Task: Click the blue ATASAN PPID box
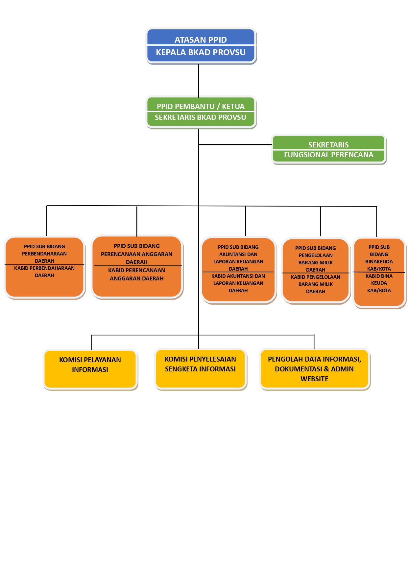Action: [x=201, y=46]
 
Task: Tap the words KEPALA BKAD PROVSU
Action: [x=201, y=52]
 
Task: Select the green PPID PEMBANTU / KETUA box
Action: [x=201, y=112]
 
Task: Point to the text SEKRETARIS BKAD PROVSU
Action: [x=201, y=117]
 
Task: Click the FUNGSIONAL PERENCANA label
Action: [x=329, y=155]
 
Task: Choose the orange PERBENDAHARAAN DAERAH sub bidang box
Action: [x=45, y=267]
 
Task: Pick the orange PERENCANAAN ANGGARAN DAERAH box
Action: [x=137, y=267]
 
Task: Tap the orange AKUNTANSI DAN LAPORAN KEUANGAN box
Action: [x=238, y=270]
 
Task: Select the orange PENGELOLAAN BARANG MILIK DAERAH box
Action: [x=316, y=271]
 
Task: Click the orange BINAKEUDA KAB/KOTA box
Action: [x=379, y=273]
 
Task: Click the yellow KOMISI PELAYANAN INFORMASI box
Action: [x=90, y=369]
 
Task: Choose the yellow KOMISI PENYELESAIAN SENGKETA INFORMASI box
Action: [x=200, y=369]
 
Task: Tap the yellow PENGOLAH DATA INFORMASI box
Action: [x=315, y=369]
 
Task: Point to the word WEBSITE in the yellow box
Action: [x=315, y=379]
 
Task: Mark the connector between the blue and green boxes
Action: [x=199, y=80]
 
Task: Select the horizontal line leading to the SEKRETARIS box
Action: [x=235, y=144]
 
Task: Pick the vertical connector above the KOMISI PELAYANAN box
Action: [x=91, y=343]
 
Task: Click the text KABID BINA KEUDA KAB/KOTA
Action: [x=379, y=283]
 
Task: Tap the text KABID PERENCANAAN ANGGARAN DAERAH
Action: [x=137, y=275]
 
